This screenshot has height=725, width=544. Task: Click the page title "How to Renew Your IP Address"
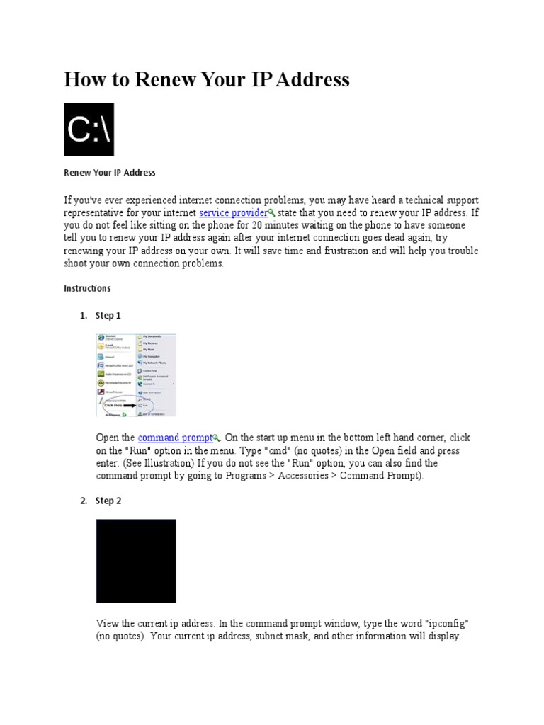tap(206, 79)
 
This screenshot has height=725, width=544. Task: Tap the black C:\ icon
tap(89, 130)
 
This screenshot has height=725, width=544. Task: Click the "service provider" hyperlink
tap(233, 213)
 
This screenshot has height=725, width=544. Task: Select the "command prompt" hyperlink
tap(175, 438)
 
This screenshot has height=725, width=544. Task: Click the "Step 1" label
tap(108, 316)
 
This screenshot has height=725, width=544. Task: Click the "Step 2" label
tap(108, 501)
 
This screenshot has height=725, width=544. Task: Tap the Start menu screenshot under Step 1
tap(136, 375)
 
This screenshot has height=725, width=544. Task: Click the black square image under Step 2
tap(136, 561)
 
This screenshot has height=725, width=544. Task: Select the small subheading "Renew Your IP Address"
tap(109, 173)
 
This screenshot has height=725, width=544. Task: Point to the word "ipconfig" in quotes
tap(446, 623)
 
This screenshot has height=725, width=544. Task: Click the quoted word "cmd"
tap(286, 450)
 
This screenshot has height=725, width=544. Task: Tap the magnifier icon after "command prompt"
tap(216, 438)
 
